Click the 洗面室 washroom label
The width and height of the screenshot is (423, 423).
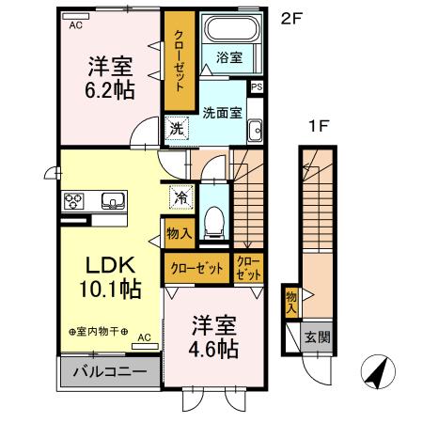[222, 113]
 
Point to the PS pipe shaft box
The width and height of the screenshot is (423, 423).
[258, 86]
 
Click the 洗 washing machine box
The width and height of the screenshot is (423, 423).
[176, 130]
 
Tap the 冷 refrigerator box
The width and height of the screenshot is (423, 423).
[180, 198]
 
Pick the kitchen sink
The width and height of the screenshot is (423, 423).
[113, 199]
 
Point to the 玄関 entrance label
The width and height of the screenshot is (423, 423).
[316, 337]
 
